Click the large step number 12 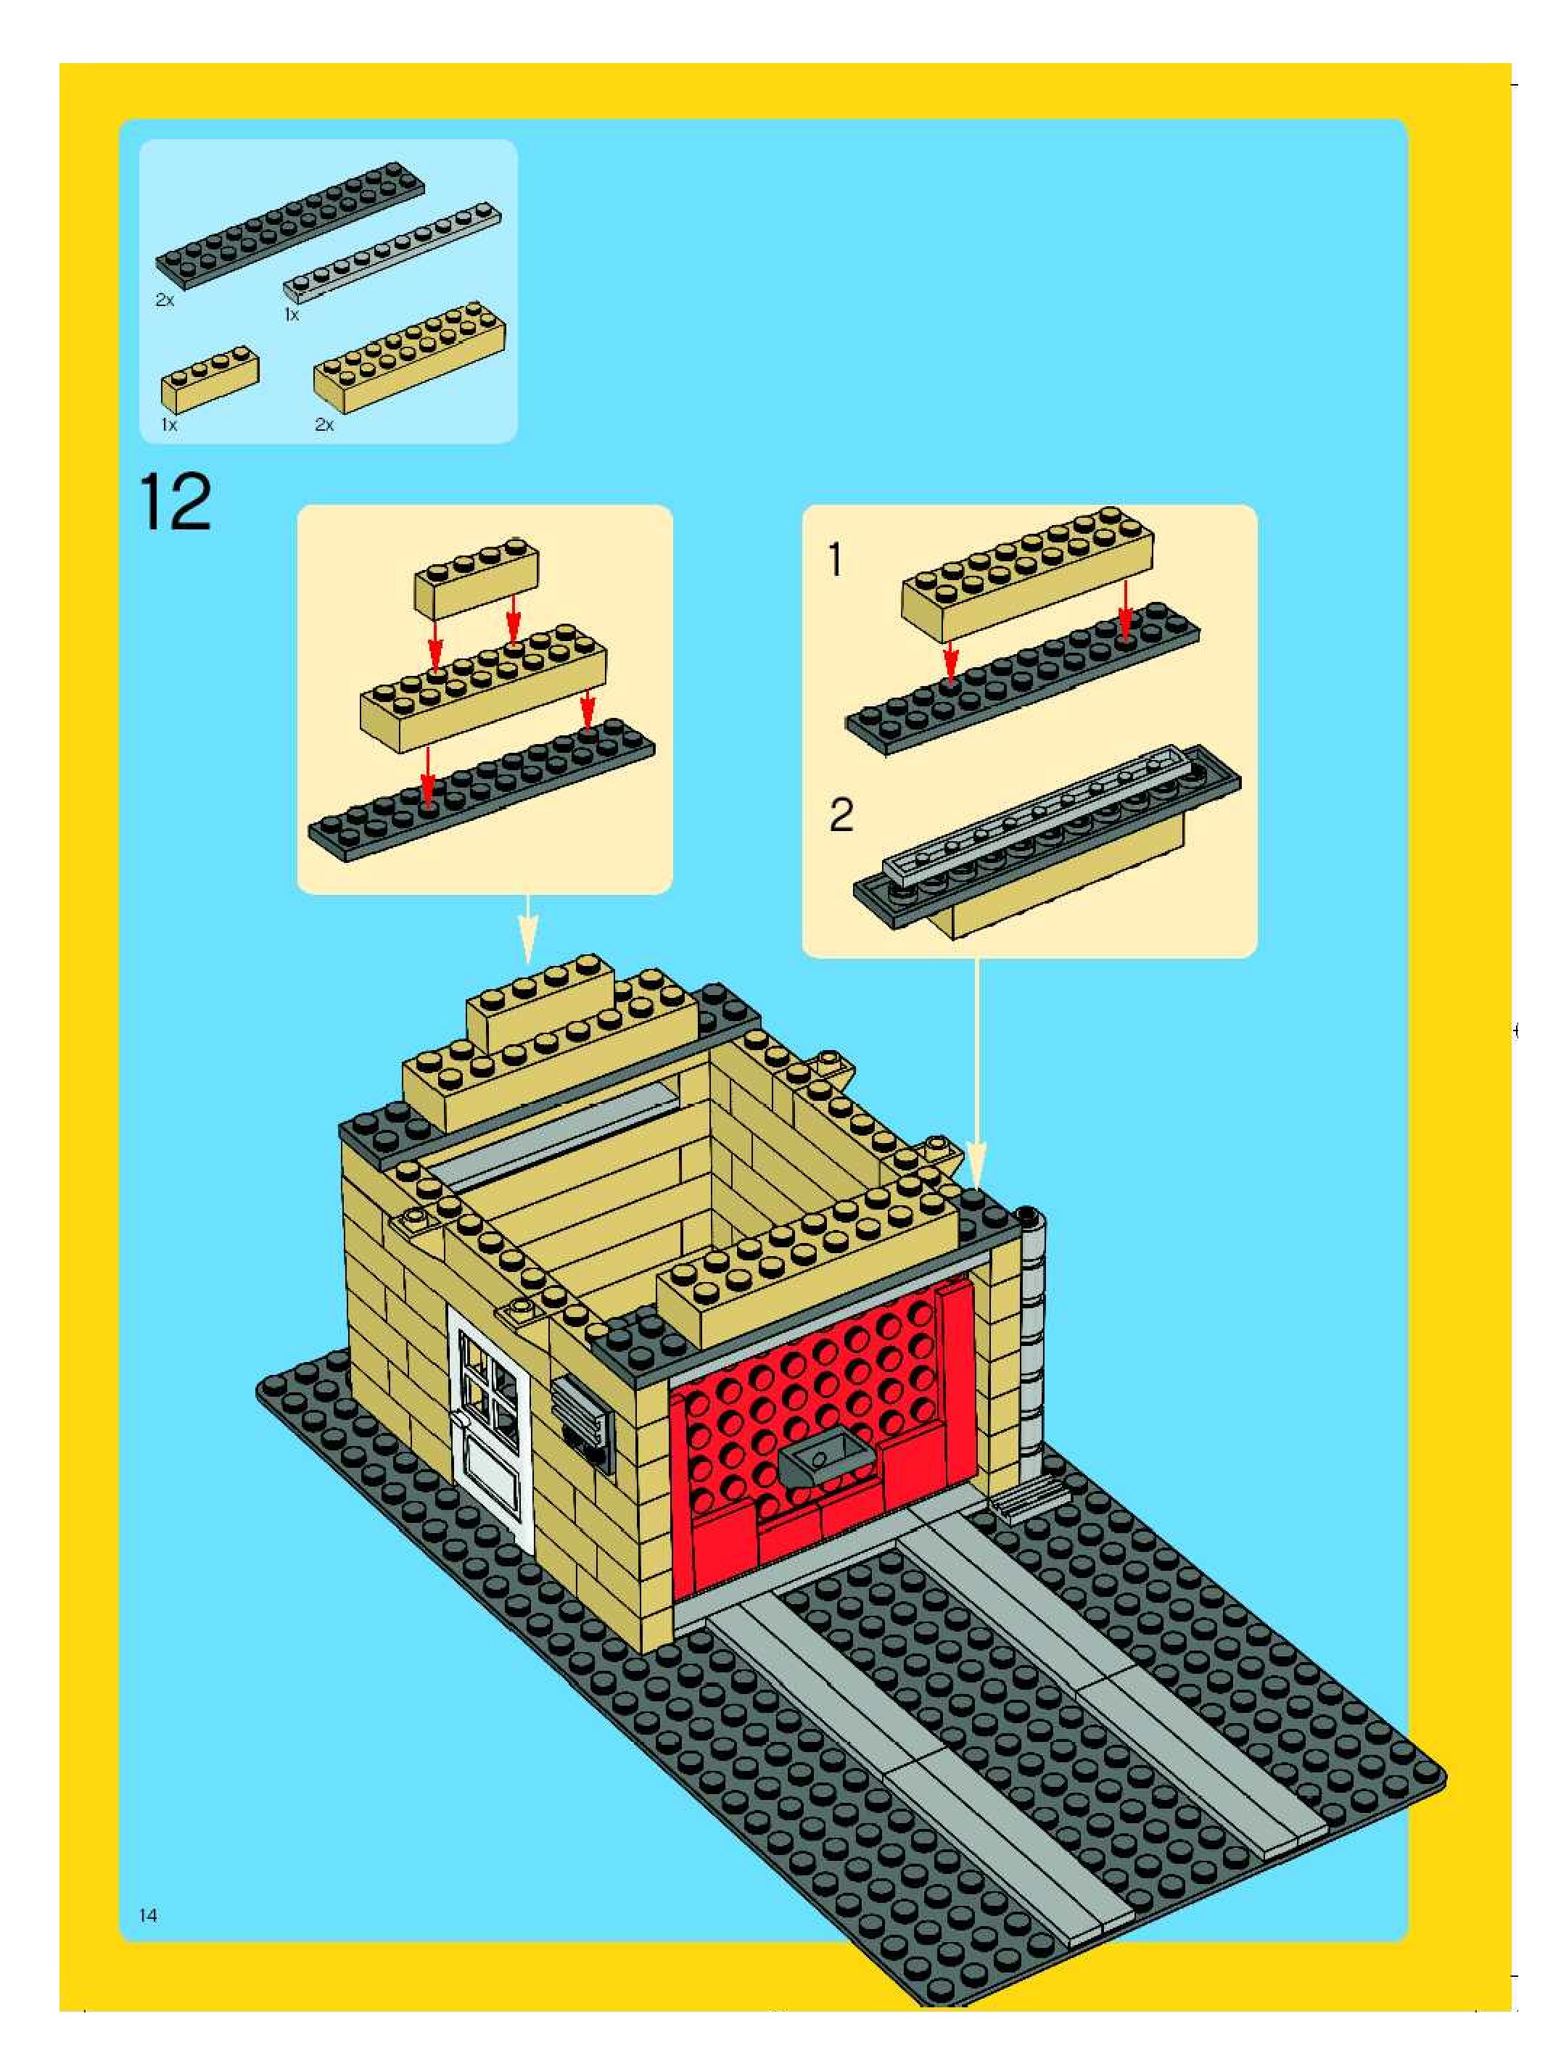point(176,503)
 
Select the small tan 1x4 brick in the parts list point(210,377)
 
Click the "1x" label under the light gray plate point(292,315)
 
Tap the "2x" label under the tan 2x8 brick point(324,425)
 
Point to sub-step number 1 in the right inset point(836,561)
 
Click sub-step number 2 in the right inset point(841,816)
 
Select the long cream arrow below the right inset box point(976,1072)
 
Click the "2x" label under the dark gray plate point(165,301)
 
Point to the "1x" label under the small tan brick point(169,425)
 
